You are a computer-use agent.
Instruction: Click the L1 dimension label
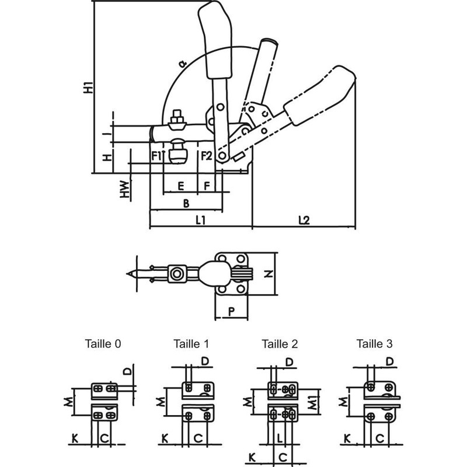(x=200, y=220)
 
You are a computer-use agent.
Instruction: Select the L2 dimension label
(x=303, y=220)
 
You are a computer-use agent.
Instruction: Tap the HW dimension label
(x=124, y=189)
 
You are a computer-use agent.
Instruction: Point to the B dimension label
(x=186, y=203)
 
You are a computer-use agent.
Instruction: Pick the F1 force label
(x=156, y=156)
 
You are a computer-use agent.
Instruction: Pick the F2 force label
(x=206, y=156)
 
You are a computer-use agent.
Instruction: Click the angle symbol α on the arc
(x=182, y=63)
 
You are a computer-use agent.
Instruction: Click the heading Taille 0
(x=103, y=344)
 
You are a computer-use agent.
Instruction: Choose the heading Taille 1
(x=190, y=344)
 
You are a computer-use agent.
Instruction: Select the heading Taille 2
(x=280, y=344)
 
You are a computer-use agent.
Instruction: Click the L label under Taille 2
(x=281, y=437)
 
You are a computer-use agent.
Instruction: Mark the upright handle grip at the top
(x=217, y=41)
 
